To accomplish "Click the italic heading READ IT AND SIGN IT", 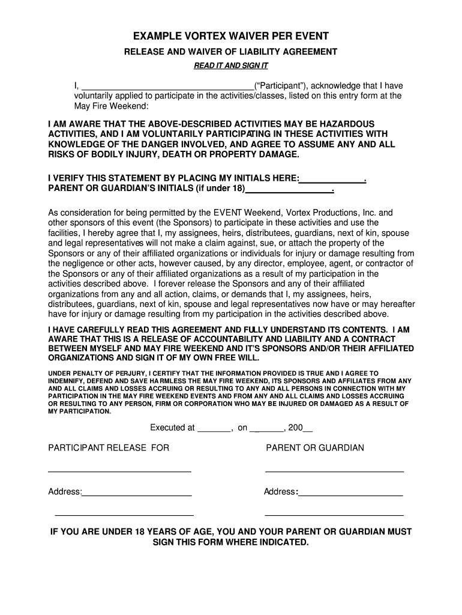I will coord(230,65).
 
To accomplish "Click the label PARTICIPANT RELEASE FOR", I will coord(109,448).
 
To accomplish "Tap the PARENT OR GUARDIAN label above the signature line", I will coord(315,448).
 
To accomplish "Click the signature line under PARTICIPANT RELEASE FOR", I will coord(119,472).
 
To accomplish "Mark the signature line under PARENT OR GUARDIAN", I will coord(334,472).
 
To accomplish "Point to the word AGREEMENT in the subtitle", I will coord(305,52).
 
